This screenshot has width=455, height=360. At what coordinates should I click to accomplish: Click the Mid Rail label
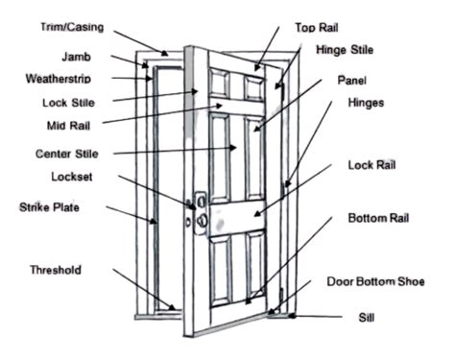pyautogui.click(x=68, y=124)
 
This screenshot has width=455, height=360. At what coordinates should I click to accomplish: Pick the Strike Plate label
pyautogui.click(x=50, y=206)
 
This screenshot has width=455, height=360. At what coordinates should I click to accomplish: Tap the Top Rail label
pyautogui.click(x=321, y=29)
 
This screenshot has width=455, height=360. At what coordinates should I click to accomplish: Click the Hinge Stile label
pyautogui.click(x=345, y=50)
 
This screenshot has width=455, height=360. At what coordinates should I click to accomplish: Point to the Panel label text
pyautogui.click(x=352, y=81)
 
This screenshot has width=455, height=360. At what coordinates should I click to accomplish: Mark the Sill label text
pyautogui.click(x=365, y=316)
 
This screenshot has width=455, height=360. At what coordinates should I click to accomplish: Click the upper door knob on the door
pyautogui.click(x=201, y=202)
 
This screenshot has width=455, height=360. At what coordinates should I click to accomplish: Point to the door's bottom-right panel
pyautogui.click(x=253, y=264)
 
